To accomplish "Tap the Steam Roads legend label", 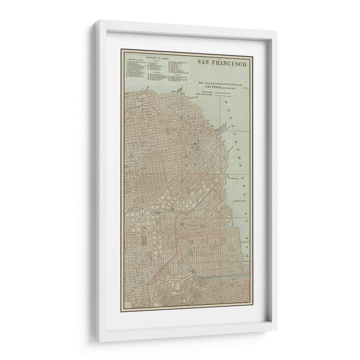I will pos(207,91).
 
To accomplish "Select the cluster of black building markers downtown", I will pos(197,145).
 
